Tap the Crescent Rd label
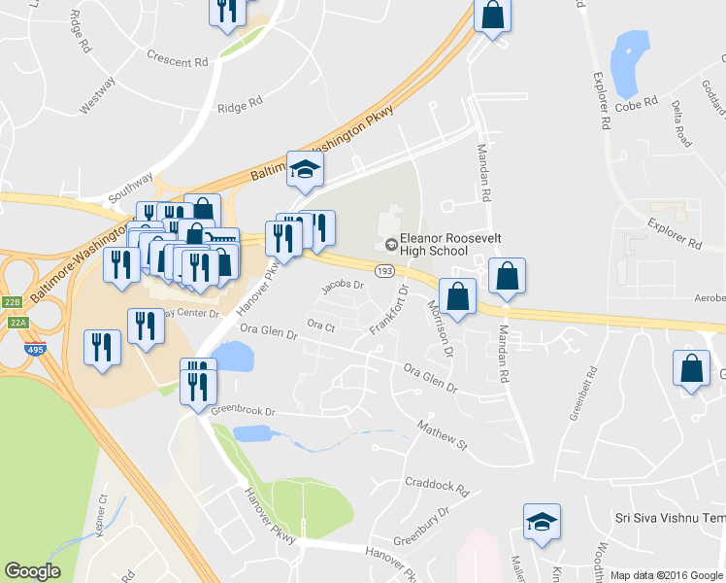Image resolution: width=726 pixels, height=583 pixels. click(x=178, y=59)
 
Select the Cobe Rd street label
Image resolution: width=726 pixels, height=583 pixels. click(x=637, y=102)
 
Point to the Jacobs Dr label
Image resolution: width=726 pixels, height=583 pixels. click(x=343, y=286)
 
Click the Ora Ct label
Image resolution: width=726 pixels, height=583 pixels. click(x=320, y=324)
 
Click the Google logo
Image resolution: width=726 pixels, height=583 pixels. click(x=32, y=571)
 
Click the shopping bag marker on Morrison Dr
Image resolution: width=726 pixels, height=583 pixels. click(x=457, y=294)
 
